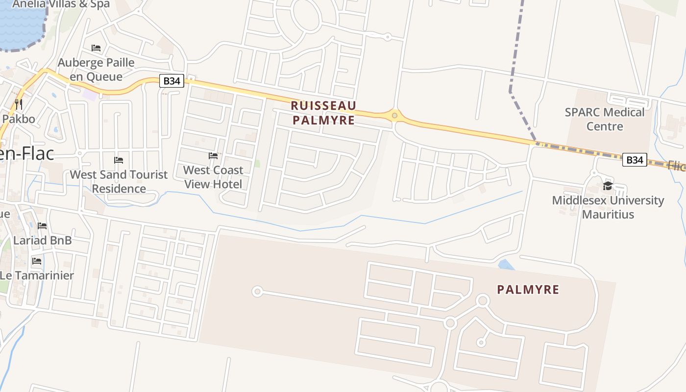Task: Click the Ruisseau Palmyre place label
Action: (323, 113)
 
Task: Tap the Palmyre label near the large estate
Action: (528, 290)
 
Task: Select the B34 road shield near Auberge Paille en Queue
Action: (171, 81)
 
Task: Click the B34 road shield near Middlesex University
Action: (634, 160)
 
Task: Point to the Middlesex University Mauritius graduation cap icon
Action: (608, 186)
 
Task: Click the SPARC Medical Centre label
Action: (605, 119)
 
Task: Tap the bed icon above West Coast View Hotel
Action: (213, 156)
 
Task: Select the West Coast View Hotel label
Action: (213, 177)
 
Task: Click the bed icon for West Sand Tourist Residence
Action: (119, 160)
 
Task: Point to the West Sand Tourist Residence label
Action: (119, 181)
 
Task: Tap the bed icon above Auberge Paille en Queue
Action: (96, 48)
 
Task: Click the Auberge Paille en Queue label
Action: (96, 70)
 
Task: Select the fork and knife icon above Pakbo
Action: (19, 104)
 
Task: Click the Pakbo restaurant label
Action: (19, 119)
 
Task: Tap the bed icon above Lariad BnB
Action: (43, 226)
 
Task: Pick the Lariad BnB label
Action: (43, 241)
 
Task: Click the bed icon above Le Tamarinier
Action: (37, 261)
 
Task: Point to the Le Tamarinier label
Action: (37, 275)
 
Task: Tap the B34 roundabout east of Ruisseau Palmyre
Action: (394, 116)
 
